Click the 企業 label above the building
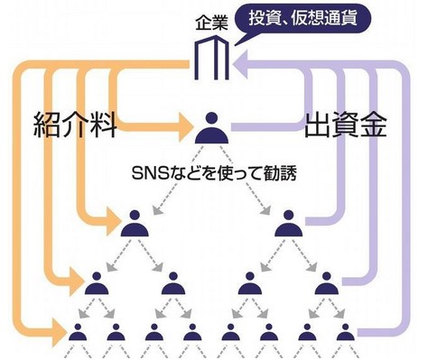tap(211, 23)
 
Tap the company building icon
tap(211, 58)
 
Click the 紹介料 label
tap(75, 125)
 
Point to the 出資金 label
tap(346, 125)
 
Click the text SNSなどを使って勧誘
tap(214, 173)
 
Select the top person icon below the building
tap(211, 127)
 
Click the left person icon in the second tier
tap(135, 223)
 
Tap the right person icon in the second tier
tap(289, 223)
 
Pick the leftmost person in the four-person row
tap(97, 283)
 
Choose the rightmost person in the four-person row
tap(327, 283)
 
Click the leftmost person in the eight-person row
tap(78, 332)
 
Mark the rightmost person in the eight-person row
tap(346, 332)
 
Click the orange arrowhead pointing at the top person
tap(185, 127)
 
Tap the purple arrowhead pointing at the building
tap(240, 64)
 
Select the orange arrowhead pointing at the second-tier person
tap(113, 222)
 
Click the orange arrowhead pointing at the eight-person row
tap(60, 332)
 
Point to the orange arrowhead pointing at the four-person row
tap(77, 282)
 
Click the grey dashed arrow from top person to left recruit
tap(178, 180)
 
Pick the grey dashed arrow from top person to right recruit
tap(245, 180)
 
